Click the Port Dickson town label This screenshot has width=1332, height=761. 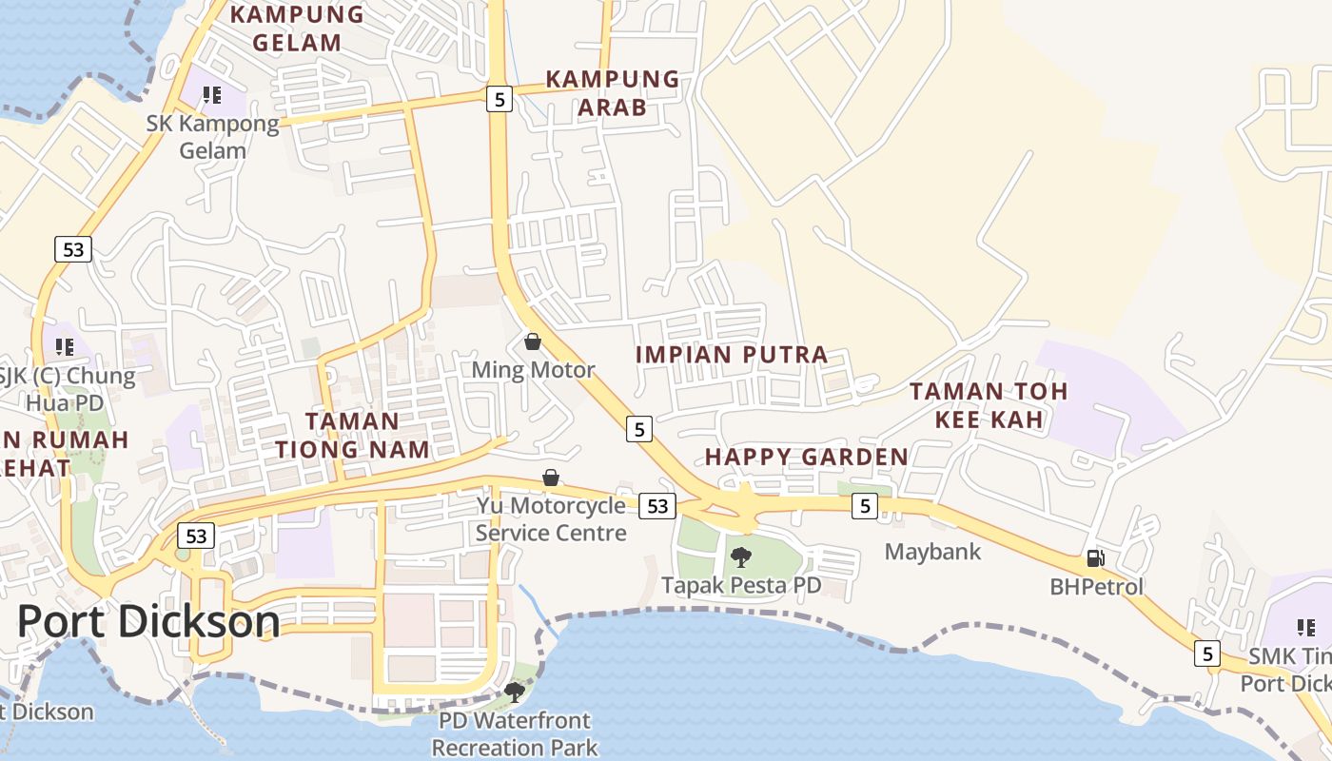click(x=148, y=622)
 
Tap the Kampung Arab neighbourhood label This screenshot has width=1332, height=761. click(x=612, y=92)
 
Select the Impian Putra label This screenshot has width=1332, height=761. click(x=731, y=355)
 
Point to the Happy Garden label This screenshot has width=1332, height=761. click(x=806, y=458)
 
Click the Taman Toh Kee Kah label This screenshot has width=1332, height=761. click(x=989, y=404)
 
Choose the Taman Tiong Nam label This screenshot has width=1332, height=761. click(x=353, y=435)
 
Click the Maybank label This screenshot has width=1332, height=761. click(x=932, y=552)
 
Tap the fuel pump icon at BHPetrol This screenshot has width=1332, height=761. click(x=1095, y=559)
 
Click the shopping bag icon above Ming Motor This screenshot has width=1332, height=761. click(x=533, y=341)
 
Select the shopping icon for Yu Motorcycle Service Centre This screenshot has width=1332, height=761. click(x=550, y=478)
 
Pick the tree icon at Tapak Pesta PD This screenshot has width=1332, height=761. click(x=740, y=557)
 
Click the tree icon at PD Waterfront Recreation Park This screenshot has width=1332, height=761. click(x=514, y=692)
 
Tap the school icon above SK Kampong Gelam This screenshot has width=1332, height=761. click(x=211, y=95)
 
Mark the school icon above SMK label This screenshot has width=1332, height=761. click(x=1305, y=628)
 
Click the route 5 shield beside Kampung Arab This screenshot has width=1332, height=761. click(x=499, y=98)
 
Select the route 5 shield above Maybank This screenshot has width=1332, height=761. click(x=863, y=506)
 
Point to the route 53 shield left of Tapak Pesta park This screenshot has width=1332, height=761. click(x=657, y=506)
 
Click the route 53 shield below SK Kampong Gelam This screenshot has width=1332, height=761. click(x=72, y=250)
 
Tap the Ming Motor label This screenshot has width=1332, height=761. click(x=533, y=370)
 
